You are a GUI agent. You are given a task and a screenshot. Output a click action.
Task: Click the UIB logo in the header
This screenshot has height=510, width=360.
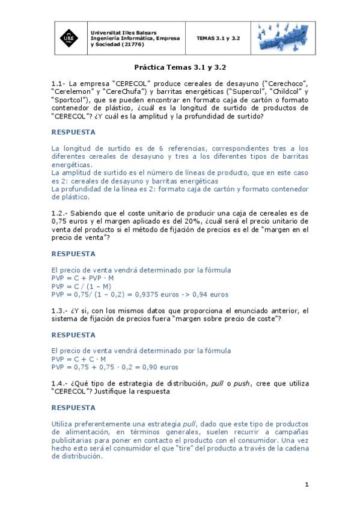(70, 38)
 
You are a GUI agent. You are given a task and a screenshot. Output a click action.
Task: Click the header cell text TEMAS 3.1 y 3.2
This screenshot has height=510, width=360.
(218, 38)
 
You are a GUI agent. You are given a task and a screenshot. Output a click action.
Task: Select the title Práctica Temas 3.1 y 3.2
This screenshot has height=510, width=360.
(180, 69)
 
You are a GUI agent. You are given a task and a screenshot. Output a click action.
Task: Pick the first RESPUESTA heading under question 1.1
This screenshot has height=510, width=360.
(73, 132)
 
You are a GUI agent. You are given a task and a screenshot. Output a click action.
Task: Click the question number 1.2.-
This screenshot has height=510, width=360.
(61, 213)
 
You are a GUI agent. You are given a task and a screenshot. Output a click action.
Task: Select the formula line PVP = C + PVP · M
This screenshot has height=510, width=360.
(82, 278)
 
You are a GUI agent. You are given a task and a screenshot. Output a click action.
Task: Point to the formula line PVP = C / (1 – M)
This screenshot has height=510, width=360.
(81, 287)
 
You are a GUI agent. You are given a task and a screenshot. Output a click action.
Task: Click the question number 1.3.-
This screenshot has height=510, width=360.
(61, 310)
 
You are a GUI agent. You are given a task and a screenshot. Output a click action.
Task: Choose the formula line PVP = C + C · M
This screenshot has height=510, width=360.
(79, 359)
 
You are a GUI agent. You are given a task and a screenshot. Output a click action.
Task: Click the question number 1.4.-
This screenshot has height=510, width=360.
(61, 383)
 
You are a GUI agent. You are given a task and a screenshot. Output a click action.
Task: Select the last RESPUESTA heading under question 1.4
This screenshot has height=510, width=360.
(73, 408)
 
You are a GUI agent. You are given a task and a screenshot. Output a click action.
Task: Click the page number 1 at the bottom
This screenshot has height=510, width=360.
(307, 484)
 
